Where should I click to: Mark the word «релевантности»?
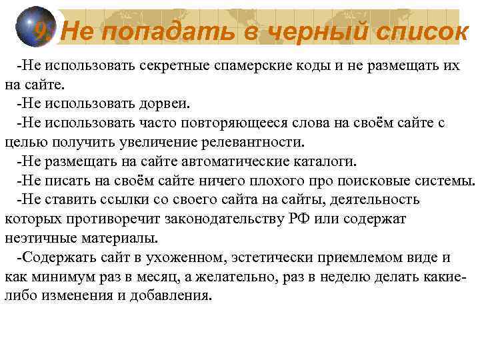pyautogui.click(x=256, y=143)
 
